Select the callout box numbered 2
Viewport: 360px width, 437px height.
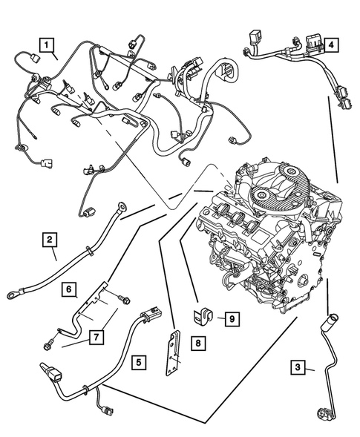(48, 239)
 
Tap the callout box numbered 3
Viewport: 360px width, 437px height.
(297, 367)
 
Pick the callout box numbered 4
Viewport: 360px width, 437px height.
(333, 45)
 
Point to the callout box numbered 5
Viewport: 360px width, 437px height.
(138, 363)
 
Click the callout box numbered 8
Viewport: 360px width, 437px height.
(198, 343)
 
